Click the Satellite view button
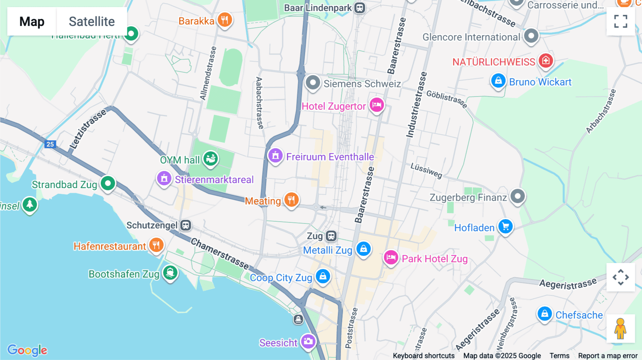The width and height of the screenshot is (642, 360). click(x=92, y=21)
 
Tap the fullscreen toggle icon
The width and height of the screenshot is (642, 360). click(x=621, y=21)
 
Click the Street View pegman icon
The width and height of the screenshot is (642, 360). click(x=621, y=328)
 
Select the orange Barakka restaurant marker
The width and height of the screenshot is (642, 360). click(x=225, y=20)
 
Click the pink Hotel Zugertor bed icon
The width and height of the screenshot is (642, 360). click(x=377, y=105)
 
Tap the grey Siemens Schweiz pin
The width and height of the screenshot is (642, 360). click(x=313, y=83)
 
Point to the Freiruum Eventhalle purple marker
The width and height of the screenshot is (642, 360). click(x=275, y=156)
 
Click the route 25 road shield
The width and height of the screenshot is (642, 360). click(x=50, y=144)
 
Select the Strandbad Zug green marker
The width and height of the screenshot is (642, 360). click(x=108, y=184)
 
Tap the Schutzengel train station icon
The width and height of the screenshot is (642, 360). click(x=185, y=225)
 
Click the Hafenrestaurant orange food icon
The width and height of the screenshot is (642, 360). click(x=156, y=245)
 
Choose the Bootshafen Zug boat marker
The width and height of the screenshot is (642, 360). click(x=170, y=273)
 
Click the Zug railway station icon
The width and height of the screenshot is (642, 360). click(x=331, y=236)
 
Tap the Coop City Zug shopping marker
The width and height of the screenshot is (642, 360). click(x=323, y=277)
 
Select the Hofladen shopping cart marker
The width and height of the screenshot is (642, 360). click(x=505, y=226)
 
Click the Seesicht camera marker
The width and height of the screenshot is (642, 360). click(x=308, y=341)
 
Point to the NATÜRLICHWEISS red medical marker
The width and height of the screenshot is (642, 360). click(x=546, y=61)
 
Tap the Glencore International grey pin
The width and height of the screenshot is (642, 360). click(x=531, y=36)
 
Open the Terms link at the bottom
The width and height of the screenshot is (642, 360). click(x=559, y=356)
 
